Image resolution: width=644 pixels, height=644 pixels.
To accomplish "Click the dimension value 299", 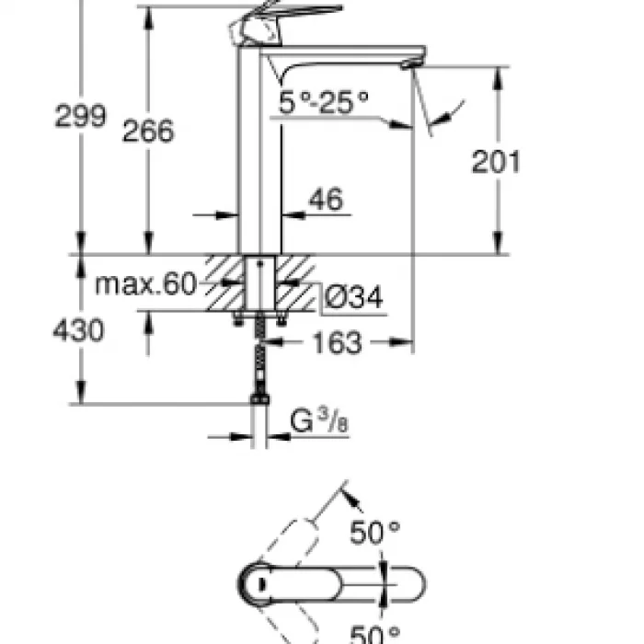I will (80, 118).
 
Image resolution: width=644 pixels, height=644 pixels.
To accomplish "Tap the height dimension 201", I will (496, 161).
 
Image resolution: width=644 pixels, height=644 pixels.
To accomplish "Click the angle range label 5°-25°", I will (324, 104).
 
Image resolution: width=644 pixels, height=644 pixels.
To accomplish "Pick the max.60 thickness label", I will (146, 284).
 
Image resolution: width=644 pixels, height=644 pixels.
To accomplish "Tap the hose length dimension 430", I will (78, 330).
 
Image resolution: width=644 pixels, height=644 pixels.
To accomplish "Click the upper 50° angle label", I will (375, 532).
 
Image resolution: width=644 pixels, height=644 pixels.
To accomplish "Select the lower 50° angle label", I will (375, 633).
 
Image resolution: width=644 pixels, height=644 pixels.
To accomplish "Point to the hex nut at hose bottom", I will (260, 401).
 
